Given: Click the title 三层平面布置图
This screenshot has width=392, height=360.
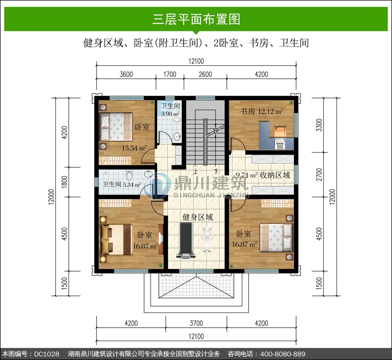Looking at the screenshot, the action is (x=196, y=19).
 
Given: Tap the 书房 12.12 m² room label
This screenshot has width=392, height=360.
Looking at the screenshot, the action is (x=261, y=112).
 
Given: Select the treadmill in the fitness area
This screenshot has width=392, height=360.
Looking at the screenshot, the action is (x=186, y=240).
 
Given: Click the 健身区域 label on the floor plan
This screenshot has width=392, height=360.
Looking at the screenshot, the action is (x=198, y=217).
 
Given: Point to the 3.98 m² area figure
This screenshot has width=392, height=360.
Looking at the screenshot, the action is (x=170, y=114).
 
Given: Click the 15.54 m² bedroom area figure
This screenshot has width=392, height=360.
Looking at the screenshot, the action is (x=134, y=148).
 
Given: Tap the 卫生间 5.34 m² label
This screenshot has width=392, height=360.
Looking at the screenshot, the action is (x=122, y=184).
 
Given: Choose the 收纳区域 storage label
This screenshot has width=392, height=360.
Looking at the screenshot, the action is (x=275, y=175).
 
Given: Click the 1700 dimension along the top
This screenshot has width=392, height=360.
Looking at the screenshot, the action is (x=170, y=74).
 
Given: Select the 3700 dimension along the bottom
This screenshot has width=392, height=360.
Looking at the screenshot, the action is (x=196, y=323).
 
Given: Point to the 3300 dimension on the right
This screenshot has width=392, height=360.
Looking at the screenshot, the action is (x=319, y=125).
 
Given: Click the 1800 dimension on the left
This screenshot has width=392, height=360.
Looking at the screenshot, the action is (x=64, y=182).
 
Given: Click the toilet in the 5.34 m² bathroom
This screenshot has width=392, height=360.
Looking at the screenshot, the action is (x=129, y=175).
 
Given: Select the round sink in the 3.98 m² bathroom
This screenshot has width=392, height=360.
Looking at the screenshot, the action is (x=177, y=136).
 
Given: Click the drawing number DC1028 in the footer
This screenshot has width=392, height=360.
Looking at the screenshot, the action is (x=47, y=354).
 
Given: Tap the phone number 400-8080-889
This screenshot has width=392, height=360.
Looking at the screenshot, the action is (x=283, y=354).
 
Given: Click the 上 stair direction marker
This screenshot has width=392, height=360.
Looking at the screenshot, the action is (x=195, y=172).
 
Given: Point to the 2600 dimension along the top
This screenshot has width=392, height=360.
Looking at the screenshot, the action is (x=205, y=74).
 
